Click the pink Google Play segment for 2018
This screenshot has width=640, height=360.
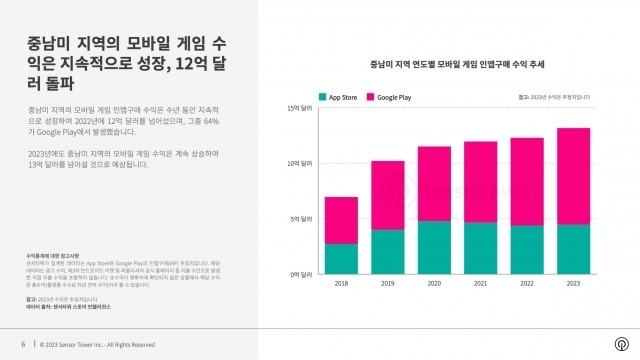[341, 220]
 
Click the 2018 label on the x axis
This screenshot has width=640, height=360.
[341, 284]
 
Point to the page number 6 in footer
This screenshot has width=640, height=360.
[23, 344]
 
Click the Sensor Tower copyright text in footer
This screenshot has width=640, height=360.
[97, 344]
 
